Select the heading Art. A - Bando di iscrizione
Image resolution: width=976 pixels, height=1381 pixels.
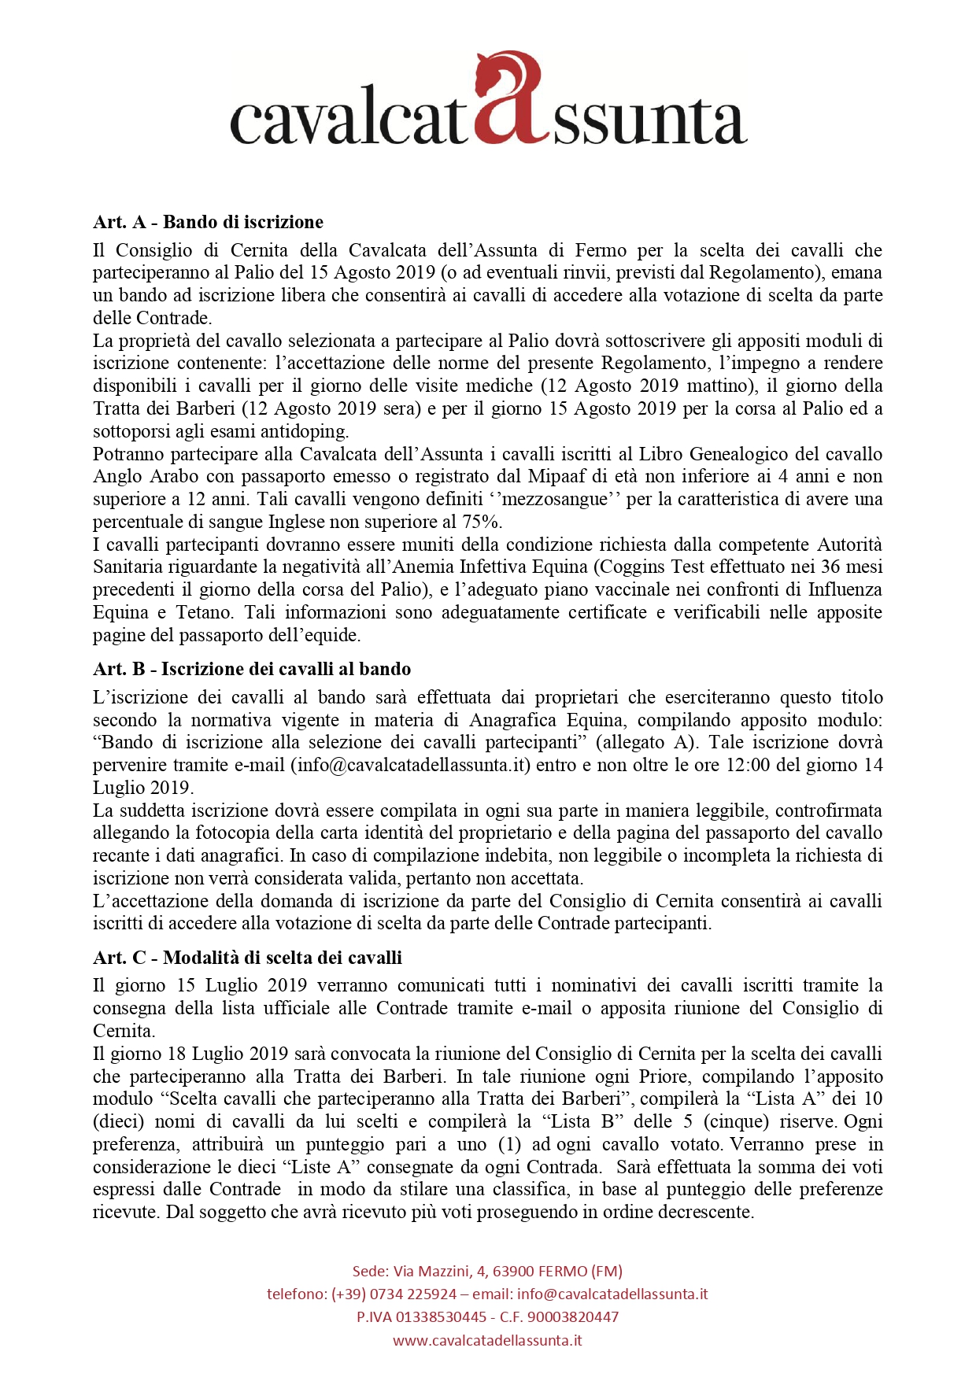point(208,222)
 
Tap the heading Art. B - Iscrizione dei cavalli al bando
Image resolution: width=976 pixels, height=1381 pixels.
point(252,669)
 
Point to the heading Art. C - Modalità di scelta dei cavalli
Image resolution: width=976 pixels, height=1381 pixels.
point(247,958)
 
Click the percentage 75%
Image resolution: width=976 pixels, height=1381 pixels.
point(483,522)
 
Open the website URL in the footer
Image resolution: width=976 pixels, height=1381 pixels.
point(487,1340)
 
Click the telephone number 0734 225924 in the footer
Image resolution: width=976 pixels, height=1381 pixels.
point(413,1294)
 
